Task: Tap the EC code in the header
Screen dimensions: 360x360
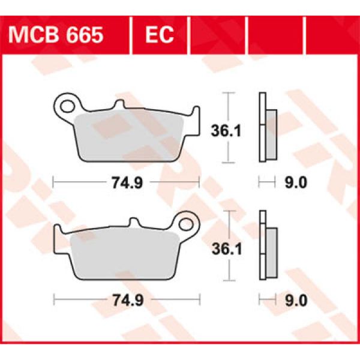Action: (160, 35)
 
